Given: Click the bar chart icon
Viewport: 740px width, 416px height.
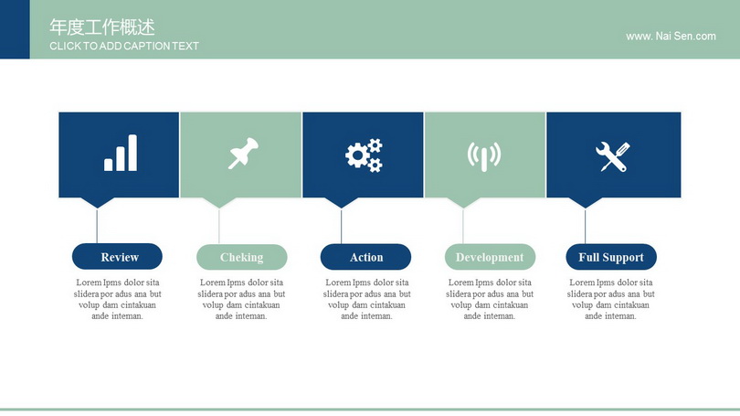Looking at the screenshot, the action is coord(121,153).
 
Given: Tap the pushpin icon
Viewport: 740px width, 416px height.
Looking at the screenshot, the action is coord(243,153).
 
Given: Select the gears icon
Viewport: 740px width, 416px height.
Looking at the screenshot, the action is coord(364,155).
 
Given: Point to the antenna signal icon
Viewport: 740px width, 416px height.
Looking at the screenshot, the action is coord(483,156).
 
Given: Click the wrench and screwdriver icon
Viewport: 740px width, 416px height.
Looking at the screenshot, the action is coord(613,156).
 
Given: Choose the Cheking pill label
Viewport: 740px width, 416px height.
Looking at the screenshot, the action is coord(241,257).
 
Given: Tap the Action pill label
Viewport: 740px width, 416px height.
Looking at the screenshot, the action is coord(365,257).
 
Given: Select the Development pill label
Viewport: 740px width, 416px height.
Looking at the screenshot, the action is coord(490,257).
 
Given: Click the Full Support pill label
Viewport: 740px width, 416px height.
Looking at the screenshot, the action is coord(611,257).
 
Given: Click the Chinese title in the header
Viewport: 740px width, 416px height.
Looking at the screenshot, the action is coord(102,27).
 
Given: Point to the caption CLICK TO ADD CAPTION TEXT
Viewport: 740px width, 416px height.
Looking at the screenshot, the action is coord(124,47).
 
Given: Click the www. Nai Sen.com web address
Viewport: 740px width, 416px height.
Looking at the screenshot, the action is coord(671,37).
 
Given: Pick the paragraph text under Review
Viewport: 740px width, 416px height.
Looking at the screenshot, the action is coord(118,299).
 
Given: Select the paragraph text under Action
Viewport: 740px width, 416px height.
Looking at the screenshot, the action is coord(366,299).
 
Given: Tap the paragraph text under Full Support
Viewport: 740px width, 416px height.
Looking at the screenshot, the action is coord(610,299).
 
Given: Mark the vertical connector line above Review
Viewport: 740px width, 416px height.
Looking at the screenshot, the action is coord(97,226).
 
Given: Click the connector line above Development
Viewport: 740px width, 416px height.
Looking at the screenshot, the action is coord(463,226).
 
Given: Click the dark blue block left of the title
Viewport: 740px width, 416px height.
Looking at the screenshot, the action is coord(15,29).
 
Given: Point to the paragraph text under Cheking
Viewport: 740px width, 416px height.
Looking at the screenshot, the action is coord(241,299).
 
